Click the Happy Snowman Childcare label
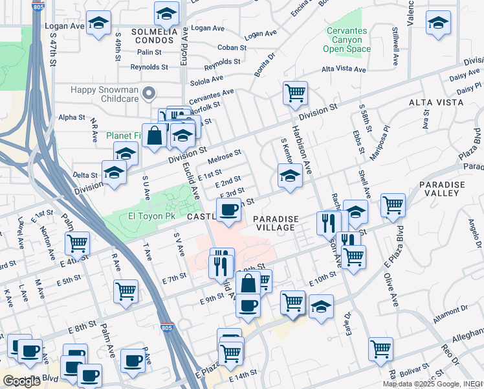[105, 93]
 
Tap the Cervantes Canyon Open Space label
[346, 40]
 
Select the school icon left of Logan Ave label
[98, 25]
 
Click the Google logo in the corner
[21, 381]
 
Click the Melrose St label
[225, 157]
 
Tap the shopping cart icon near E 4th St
[77, 243]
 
